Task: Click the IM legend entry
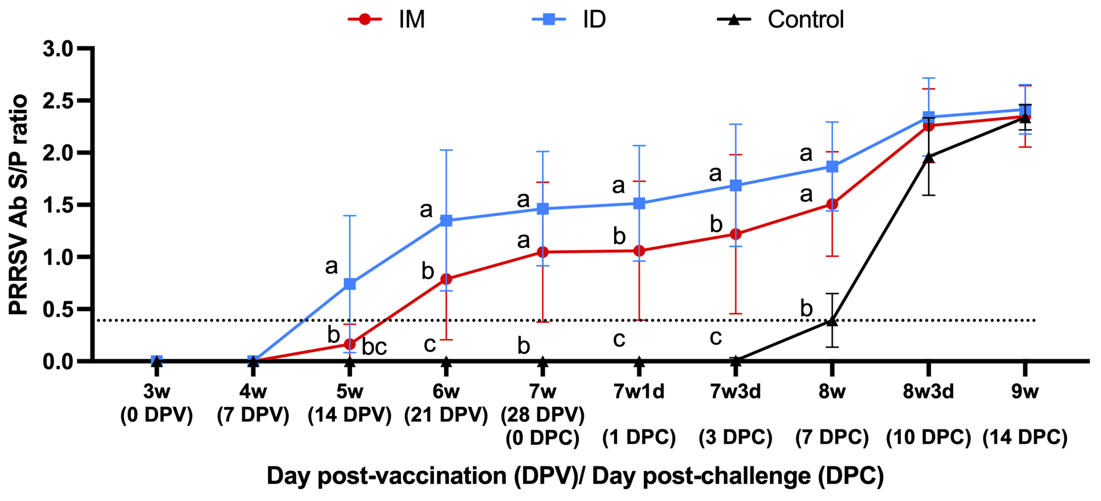pyautogui.click(x=387, y=19)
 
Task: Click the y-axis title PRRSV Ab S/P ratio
pyautogui.click(x=18, y=205)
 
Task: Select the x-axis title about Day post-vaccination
pyautogui.click(x=575, y=476)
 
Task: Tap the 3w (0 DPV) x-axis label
pyautogui.click(x=156, y=403)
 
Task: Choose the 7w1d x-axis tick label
pyautogui.click(x=639, y=391)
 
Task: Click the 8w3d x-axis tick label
pyautogui.click(x=928, y=391)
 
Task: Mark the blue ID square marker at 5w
pyautogui.click(x=350, y=284)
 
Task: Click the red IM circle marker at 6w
pyautogui.click(x=446, y=279)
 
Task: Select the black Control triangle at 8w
pyautogui.click(x=832, y=321)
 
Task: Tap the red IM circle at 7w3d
pyautogui.click(x=735, y=234)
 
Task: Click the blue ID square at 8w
pyautogui.click(x=832, y=166)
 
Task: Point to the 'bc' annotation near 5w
pyautogui.click(x=374, y=346)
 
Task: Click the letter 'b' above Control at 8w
pyautogui.click(x=806, y=308)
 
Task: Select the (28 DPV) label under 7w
pyautogui.click(x=542, y=414)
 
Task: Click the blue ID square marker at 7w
pyautogui.click(x=542, y=209)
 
